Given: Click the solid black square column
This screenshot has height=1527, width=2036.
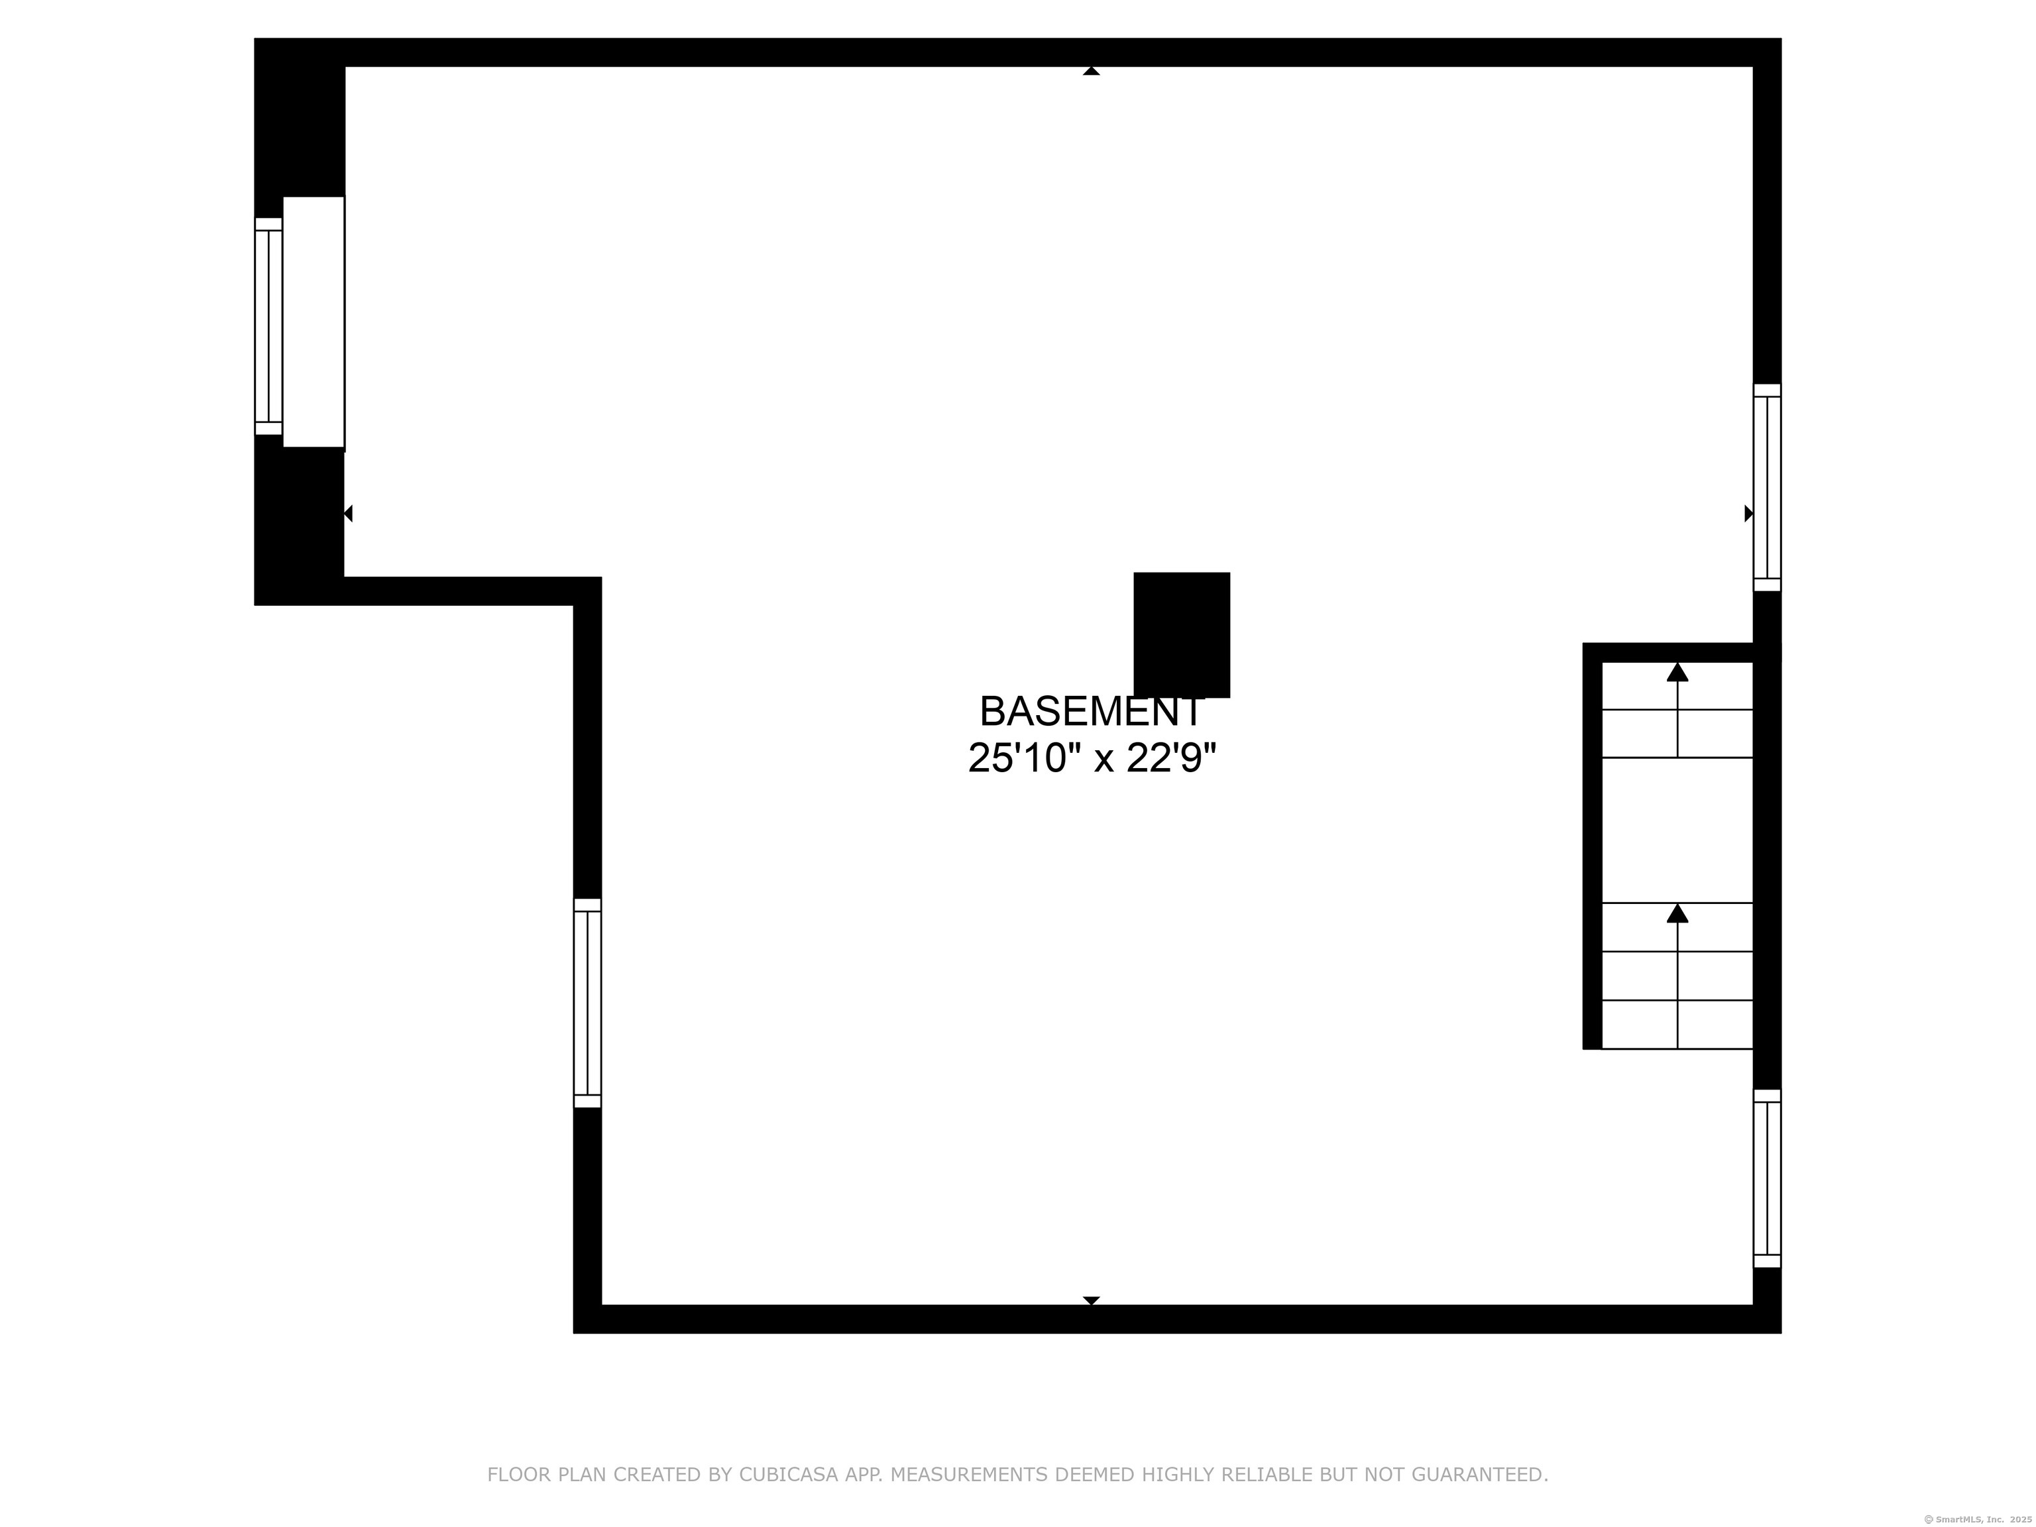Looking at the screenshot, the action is point(1182,635).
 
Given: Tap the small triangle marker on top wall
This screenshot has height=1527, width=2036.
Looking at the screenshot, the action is point(1091,71).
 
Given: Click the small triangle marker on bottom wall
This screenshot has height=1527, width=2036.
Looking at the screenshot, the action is point(1091,1300).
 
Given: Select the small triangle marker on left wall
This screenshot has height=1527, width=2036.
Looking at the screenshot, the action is point(348,514).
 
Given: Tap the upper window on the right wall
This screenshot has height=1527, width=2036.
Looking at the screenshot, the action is point(1767,487).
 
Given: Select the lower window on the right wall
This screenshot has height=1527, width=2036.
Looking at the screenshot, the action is point(1767,1178).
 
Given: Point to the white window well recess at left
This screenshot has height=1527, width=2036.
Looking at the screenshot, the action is point(314,322).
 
